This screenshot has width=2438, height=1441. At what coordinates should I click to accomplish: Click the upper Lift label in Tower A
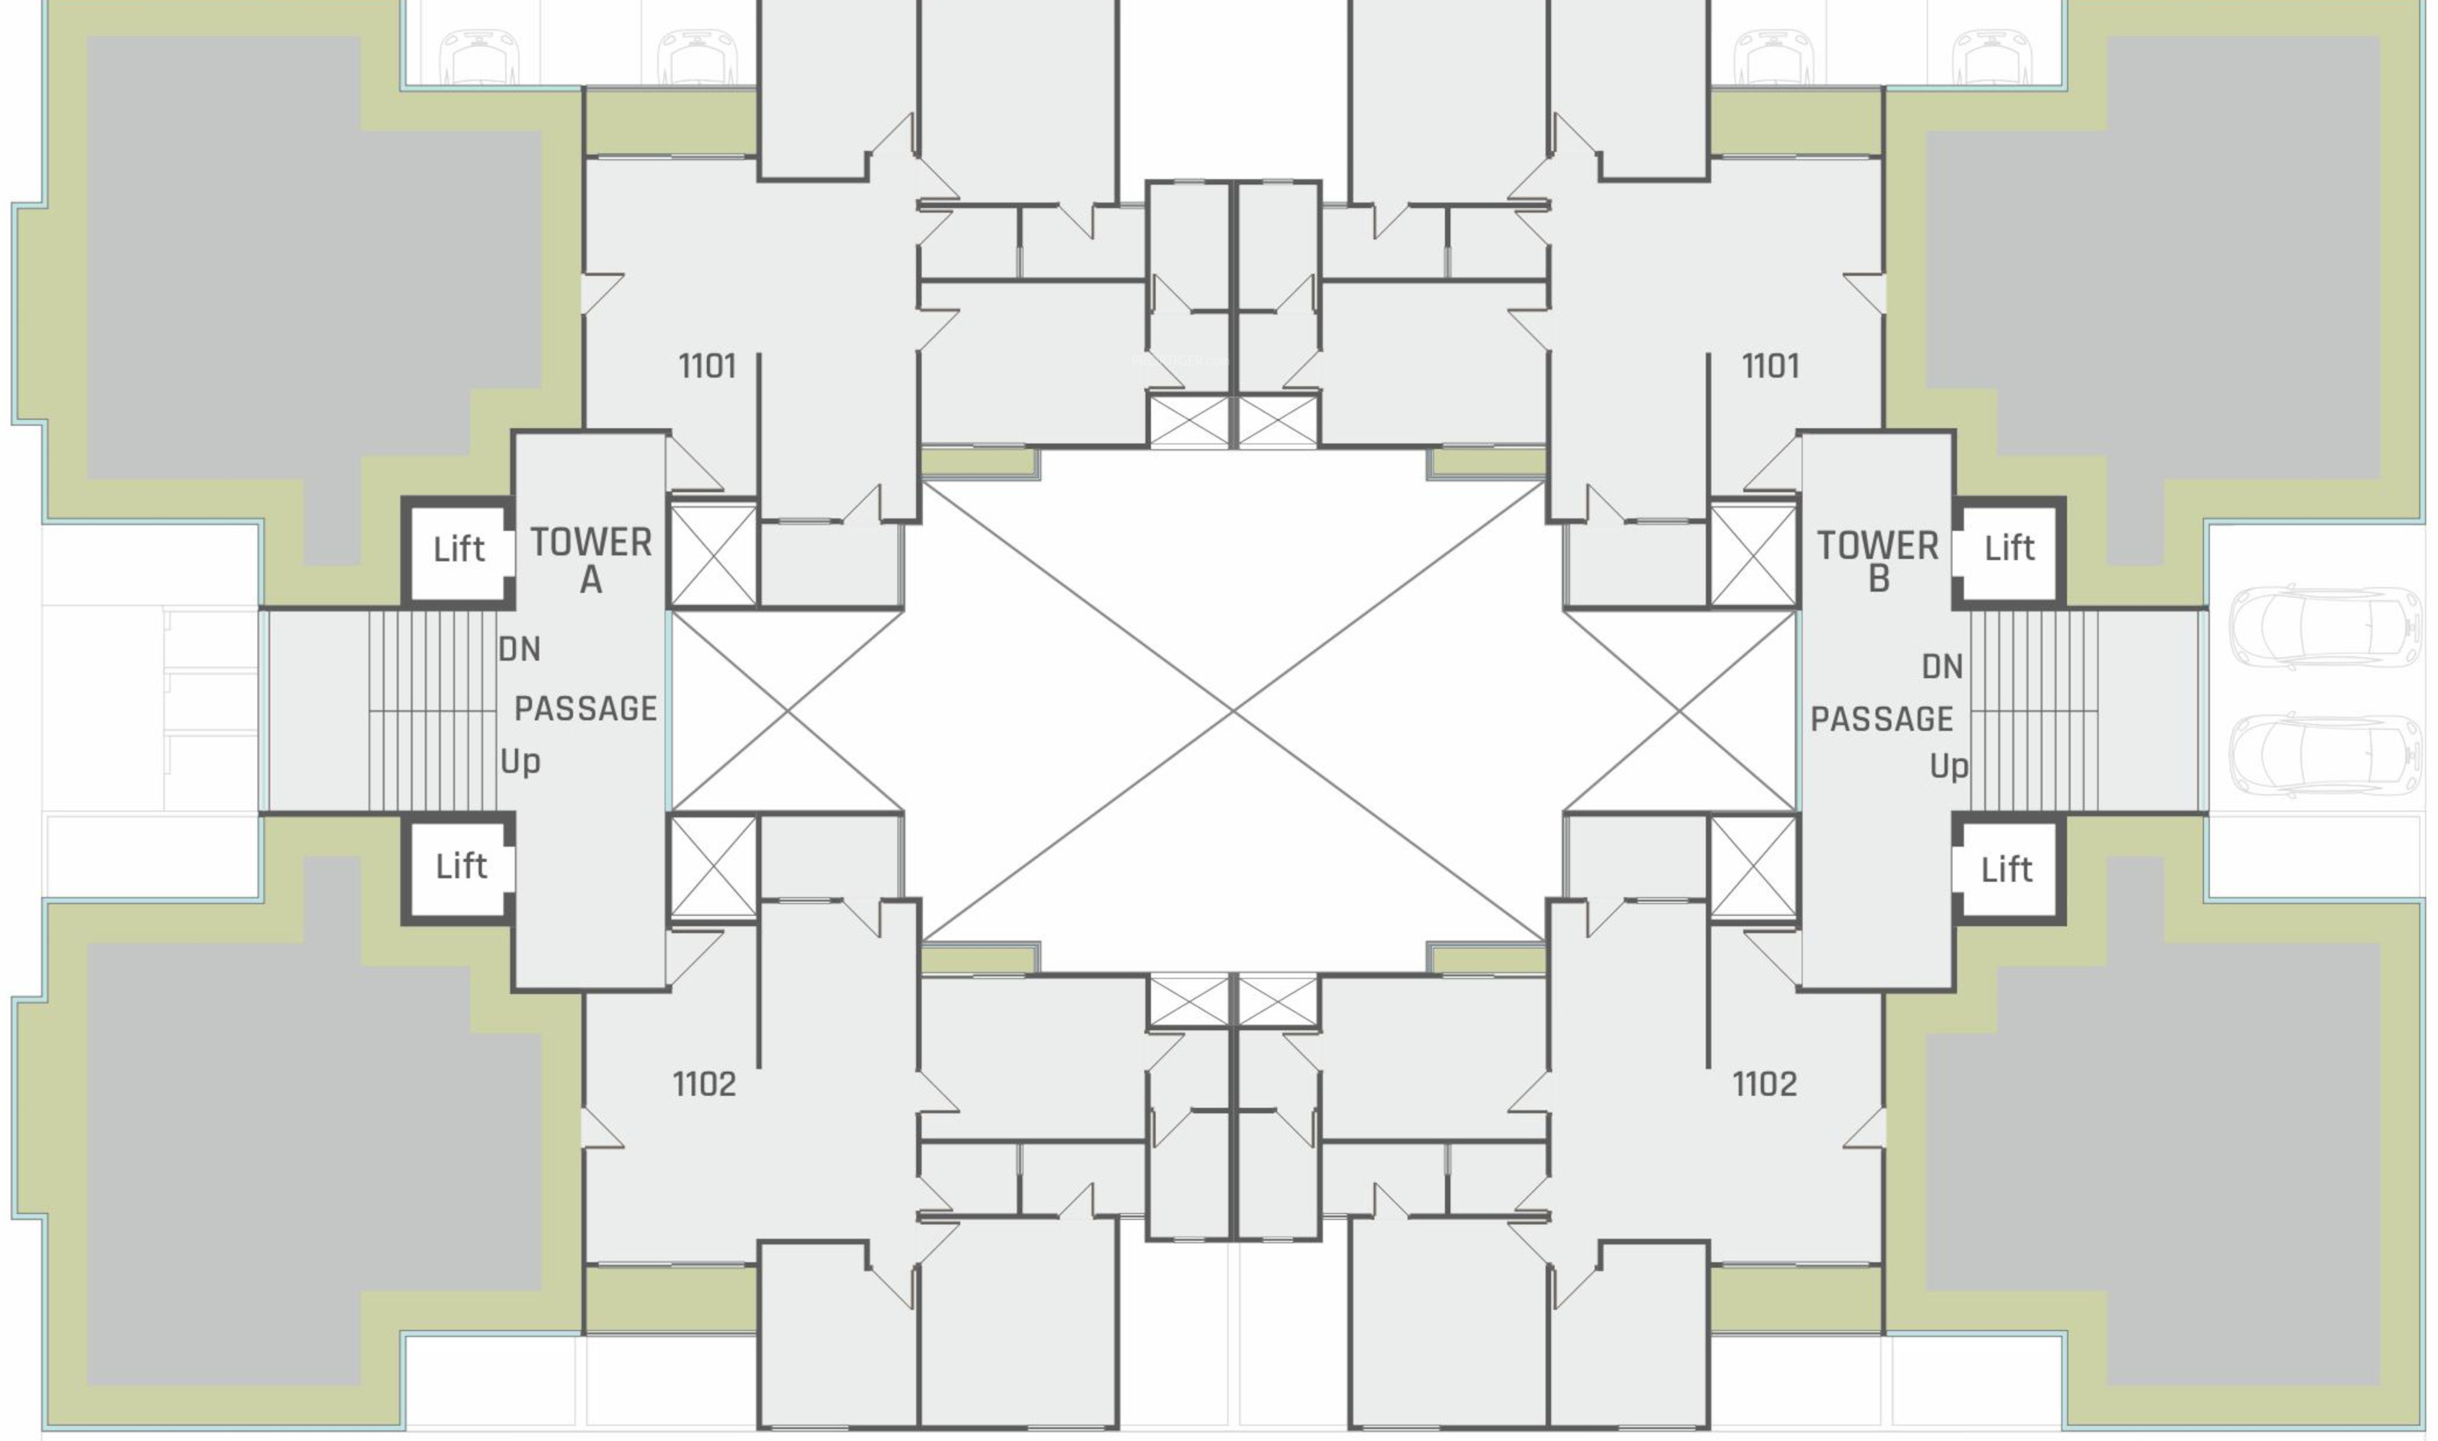click(458, 550)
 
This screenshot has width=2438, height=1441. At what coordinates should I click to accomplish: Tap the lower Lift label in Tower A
click(461, 866)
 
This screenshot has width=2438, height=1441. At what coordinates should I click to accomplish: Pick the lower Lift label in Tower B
click(2006, 869)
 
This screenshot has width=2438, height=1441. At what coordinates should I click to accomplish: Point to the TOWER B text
click(1878, 561)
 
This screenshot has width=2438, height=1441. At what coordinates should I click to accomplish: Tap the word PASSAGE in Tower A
click(585, 709)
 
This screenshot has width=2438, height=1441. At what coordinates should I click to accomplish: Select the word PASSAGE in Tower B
click(1882, 720)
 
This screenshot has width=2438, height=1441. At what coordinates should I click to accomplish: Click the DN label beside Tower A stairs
click(520, 650)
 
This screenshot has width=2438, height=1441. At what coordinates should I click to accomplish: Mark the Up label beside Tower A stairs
click(520, 762)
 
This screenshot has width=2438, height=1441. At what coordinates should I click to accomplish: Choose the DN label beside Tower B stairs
click(1942, 667)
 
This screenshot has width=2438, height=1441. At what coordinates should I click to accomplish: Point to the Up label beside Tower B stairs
click(1949, 767)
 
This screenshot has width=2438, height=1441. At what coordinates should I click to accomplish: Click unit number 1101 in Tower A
click(707, 367)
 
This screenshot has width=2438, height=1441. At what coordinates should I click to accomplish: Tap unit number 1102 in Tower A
click(704, 1084)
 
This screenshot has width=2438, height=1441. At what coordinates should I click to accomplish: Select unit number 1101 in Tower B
click(1770, 367)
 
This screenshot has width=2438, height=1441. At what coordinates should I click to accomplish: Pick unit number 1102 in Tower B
click(1764, 1084)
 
